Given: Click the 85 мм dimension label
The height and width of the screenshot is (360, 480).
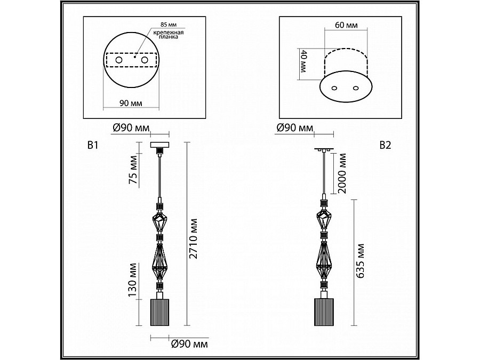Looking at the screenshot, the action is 169,25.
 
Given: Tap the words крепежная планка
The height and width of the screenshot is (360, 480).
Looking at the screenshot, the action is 169,35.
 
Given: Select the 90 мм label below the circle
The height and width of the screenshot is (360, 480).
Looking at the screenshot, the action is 131,103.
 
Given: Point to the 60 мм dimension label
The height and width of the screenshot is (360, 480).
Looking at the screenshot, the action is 346,25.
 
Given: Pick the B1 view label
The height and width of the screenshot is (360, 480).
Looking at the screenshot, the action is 93,145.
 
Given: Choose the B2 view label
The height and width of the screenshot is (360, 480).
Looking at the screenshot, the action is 385,145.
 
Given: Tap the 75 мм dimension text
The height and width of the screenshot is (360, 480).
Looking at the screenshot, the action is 134,170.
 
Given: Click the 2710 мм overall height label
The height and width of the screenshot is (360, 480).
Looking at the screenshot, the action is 193,239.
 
